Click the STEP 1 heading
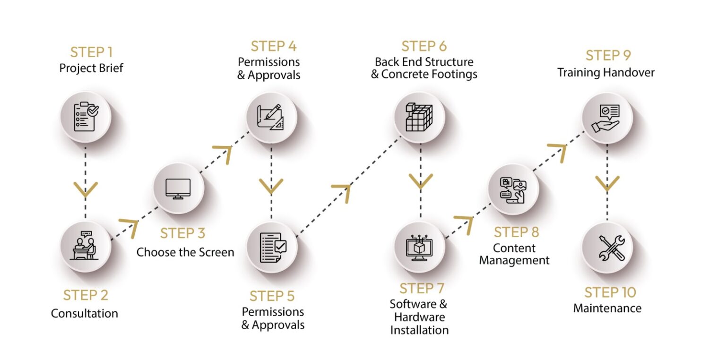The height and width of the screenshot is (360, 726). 91,51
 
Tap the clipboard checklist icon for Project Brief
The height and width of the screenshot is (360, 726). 86,117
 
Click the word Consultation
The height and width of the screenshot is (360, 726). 85,313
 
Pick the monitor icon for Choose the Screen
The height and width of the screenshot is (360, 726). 178,189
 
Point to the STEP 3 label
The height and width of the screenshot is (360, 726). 182,233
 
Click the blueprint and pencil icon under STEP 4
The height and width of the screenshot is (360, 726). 271,117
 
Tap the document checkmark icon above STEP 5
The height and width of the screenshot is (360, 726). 272,248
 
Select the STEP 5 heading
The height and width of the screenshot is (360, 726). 272,296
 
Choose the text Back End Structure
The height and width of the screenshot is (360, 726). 424,62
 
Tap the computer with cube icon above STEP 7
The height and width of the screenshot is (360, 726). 418,247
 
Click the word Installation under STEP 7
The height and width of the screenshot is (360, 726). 419,330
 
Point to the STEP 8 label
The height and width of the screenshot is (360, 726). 516,232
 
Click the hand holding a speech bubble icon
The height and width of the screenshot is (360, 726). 606,117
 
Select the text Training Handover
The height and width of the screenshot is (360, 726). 606,73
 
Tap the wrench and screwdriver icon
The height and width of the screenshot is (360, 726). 607,248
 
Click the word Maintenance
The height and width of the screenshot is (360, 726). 607,309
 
